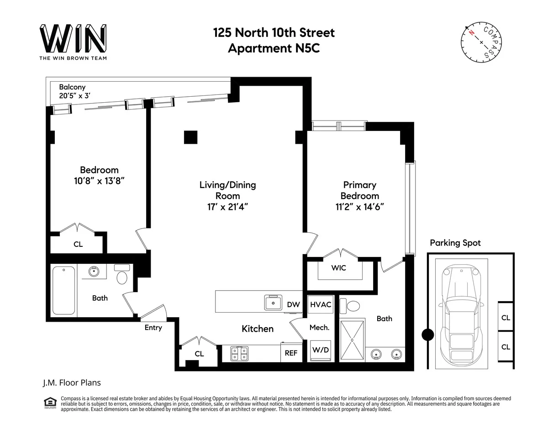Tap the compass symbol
click(481, 42)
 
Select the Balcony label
click(72, 87)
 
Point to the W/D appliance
click(321, 350)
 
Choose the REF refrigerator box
click(291, 353)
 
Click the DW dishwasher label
click(293, 304)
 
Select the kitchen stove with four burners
click(239, 353)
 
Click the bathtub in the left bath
click(64, 290)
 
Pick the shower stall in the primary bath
click(352, 340)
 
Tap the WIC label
click(339, 268)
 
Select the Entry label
click(153, 328)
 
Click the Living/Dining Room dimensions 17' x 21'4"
click(227, 207)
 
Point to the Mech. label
click(320, 328)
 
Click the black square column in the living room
click(190, 137)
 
